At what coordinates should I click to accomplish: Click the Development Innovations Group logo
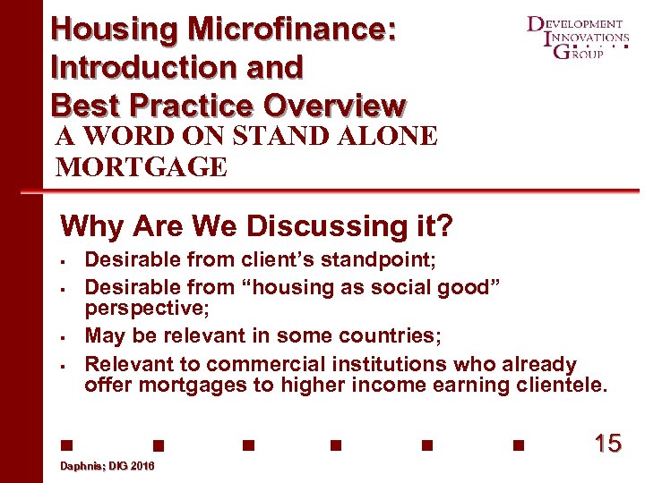pos(579,37)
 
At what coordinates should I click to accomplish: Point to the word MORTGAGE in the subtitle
pos(142,166)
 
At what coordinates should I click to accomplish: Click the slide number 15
pos(607,443)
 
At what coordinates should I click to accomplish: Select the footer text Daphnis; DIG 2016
pos(107,467)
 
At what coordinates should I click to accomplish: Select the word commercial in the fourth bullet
pos(262,364)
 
